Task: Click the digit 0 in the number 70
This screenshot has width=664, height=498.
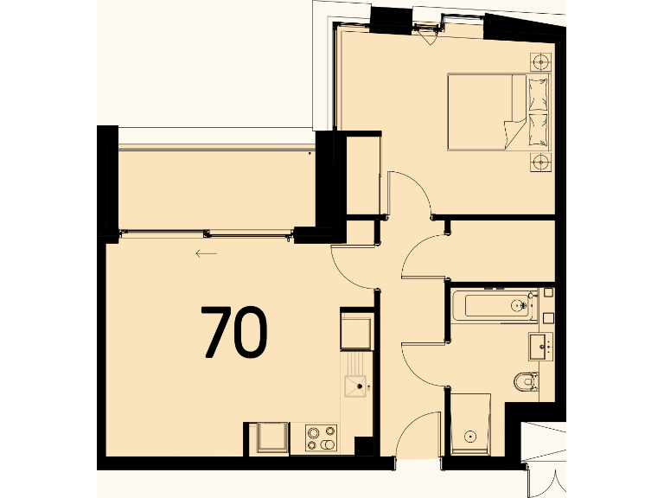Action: click(x=250, y=333)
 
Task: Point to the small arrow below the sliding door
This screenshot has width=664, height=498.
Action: click(x=206, y=253)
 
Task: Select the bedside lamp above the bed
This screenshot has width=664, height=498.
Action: click(x=541, y=61)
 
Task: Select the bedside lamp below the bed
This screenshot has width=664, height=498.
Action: click(x=541, y=162)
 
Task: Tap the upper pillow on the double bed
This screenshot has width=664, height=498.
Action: click(x=537, y=93)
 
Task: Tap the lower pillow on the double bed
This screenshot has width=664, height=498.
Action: click(x=537, y=130)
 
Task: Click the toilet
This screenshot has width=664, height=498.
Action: click(x=525, y=381)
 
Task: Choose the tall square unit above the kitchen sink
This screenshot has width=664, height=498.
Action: click(x=355, y=329)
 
